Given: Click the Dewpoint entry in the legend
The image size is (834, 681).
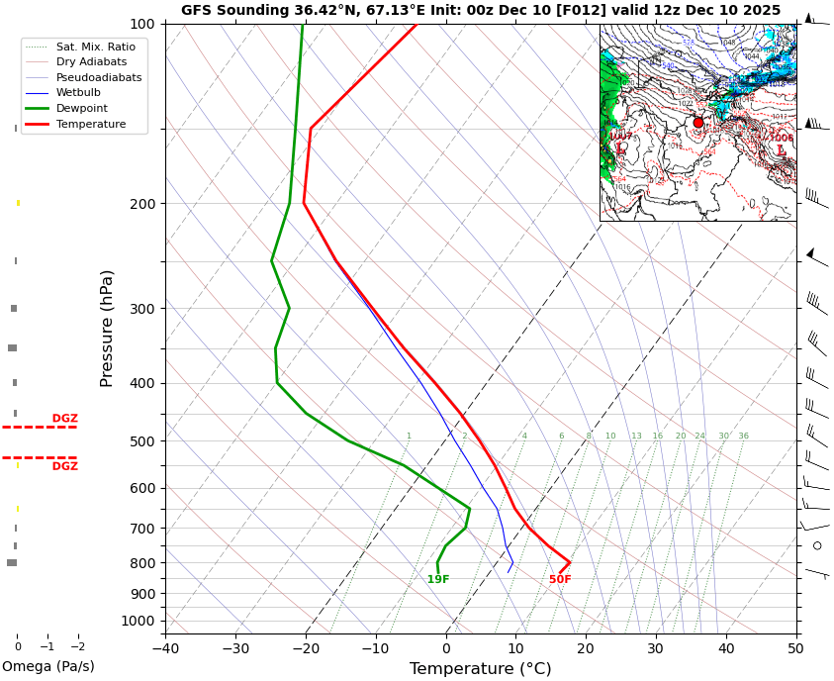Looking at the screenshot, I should click(82, 108).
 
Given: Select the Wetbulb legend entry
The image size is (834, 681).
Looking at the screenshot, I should click(78, 93).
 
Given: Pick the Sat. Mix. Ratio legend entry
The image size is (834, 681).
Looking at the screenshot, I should click(95, 47).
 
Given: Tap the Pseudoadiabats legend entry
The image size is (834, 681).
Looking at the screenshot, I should click(99, 77).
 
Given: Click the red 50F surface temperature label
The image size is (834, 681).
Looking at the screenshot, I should click(560, 580).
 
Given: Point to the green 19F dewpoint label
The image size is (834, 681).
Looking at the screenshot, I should click(438, 580).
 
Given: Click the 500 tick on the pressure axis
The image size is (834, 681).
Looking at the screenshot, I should click(142, 441).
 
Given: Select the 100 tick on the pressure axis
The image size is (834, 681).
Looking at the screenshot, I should click(142, 24).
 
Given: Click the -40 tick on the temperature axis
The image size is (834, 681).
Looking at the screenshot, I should click(165, 649).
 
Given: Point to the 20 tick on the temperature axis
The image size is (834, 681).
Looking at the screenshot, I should click(586, 649).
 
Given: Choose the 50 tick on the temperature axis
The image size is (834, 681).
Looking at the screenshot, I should click(796, 649).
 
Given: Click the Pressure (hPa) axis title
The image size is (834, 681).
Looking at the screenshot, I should click(108, 328).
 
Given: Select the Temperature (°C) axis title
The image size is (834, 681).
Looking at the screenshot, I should click(480, 669).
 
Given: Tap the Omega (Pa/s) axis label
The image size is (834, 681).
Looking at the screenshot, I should click(48, 667).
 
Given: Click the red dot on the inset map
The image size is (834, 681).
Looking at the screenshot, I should click(698, 123).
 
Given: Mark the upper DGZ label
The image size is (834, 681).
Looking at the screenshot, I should click(64, 419).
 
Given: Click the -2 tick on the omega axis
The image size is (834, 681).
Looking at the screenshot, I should click(78, 647).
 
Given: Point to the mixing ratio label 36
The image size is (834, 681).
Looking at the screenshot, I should click(743, 437).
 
